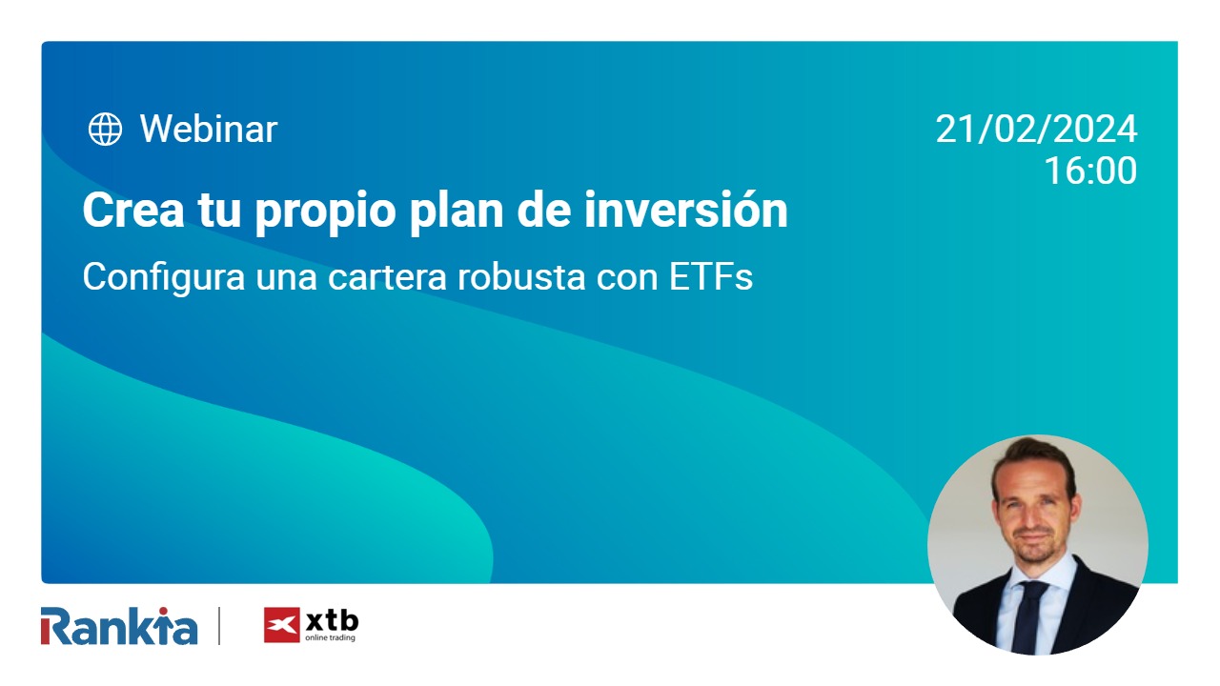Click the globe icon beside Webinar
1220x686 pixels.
point(105,129)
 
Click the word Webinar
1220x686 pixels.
point(208,129)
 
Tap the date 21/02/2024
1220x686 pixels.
point(1036,129)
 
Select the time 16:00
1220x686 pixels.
point(1089,171)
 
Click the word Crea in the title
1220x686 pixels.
point(128,211)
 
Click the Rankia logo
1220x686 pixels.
point(119,626)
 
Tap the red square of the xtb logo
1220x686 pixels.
point(281,626)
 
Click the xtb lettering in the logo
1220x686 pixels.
point(332,620)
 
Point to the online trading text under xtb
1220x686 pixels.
point(331,638)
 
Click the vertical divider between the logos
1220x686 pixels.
point(219,626)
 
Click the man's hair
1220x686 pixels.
point(1032,455)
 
